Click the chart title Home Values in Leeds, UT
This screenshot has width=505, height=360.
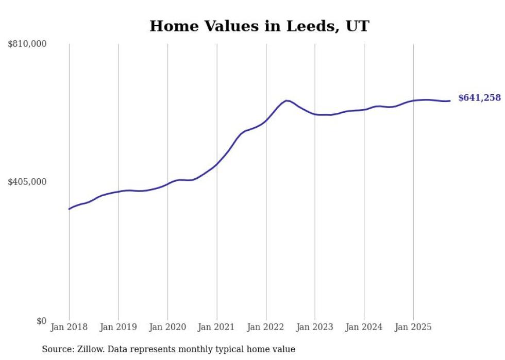[259, 26]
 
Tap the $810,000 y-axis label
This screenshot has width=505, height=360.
[27, 44]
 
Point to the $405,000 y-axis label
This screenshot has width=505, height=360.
[27, 182]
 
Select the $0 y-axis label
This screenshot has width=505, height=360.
[41, 321]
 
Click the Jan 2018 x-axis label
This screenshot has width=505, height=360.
[69, 327]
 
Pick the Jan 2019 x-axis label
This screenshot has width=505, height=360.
[118, 327]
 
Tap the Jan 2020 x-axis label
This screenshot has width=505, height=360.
[167, 327]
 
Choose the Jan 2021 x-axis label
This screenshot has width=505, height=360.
[216, 327]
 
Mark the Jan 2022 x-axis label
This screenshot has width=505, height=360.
[266, 327]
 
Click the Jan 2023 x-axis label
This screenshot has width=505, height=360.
[315, 327]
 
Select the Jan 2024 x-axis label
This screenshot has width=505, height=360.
[364, 327]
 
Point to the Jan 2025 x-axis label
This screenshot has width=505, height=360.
[413, 327]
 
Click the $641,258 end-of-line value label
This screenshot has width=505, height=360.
[479, 98]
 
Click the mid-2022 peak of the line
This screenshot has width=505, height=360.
[287, 100]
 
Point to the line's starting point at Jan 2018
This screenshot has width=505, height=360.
[69, 209]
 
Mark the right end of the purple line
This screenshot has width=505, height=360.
[450, 101]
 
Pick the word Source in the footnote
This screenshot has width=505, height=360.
[56, 349]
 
